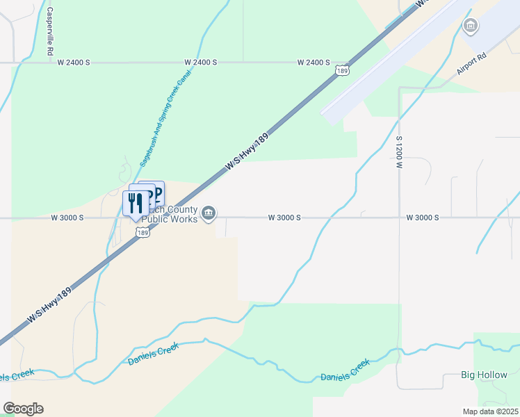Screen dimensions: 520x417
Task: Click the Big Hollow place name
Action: [x=485, y=375]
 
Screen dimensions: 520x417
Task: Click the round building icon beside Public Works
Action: [x=209, y=214]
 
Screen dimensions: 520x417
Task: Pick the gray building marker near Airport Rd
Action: [x=471, y=26]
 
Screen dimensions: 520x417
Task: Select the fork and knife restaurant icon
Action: [x=134, y=203]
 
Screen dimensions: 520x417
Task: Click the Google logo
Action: [x=23, y=409]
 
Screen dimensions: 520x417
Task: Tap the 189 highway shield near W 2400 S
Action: [x=341, y=70]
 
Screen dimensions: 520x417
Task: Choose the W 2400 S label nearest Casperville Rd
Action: [x=74, y=63]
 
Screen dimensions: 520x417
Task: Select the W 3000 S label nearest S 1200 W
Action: [x=423, y=218]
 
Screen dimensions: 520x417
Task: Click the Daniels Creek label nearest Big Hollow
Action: [x=346, y=372]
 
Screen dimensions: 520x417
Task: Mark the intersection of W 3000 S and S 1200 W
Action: [x=400, y=218]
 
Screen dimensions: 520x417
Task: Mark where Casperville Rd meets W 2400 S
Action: [x=50, y=63]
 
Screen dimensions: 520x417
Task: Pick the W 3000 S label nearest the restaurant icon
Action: [x=67, y=218]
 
